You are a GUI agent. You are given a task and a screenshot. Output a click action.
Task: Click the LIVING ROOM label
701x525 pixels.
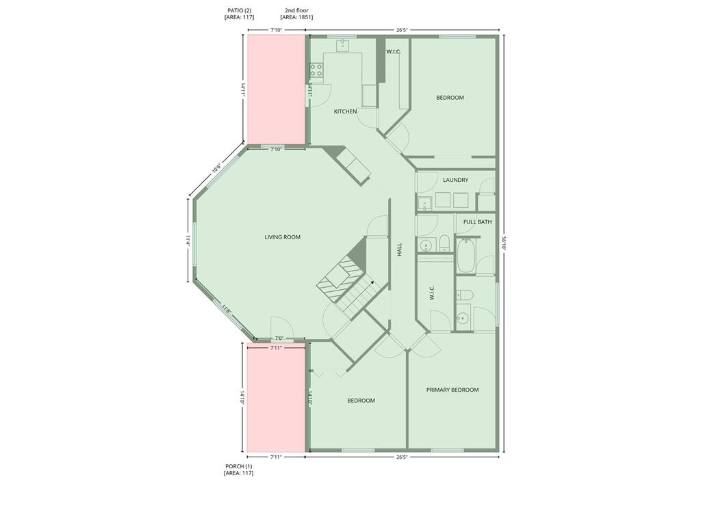(282, 237)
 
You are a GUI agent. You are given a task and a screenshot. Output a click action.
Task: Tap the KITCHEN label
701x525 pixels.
(345, 111)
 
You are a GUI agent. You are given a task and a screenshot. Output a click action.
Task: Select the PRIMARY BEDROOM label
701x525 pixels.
(453, 390)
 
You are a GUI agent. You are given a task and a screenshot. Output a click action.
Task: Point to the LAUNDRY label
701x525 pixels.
(455, 180)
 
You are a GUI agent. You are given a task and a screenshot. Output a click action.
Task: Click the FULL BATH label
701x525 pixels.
(477, 222)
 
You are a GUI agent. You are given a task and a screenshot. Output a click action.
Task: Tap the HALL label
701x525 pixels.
(400, 249)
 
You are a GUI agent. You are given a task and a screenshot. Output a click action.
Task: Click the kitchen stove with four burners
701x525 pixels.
(316, 70)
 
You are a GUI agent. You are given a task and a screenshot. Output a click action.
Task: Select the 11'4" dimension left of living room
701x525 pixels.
(188, 241)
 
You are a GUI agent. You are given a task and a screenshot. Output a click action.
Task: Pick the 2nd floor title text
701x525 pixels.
(296, 10)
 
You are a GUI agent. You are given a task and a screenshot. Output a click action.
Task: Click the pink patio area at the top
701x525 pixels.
(276, 90)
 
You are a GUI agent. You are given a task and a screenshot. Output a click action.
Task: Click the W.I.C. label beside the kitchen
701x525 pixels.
(393, 52)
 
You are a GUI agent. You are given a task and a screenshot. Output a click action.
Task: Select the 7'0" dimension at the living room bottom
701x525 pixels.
(279, 338)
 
